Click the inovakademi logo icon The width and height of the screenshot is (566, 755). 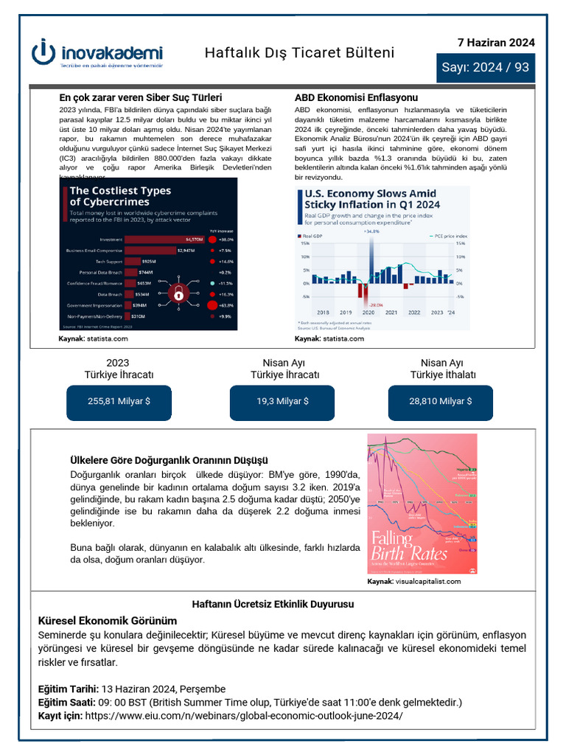(45, 52)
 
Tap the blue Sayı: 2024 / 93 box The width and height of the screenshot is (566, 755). (485, 67)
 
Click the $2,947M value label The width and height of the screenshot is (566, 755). (186, 251)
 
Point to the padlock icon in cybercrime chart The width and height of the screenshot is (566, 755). (178, 293)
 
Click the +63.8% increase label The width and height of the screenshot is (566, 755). (226, 305)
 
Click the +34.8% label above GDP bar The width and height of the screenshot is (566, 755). (371, 231)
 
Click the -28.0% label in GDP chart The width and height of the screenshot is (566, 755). (376, 305)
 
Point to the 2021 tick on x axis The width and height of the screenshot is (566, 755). (391, 313)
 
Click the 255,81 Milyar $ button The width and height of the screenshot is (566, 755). (119, 401)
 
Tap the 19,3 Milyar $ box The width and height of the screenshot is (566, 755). (282, 401)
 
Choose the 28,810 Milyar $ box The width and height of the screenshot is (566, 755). (441, 401)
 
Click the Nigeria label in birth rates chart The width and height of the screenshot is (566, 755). (466, 467)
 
